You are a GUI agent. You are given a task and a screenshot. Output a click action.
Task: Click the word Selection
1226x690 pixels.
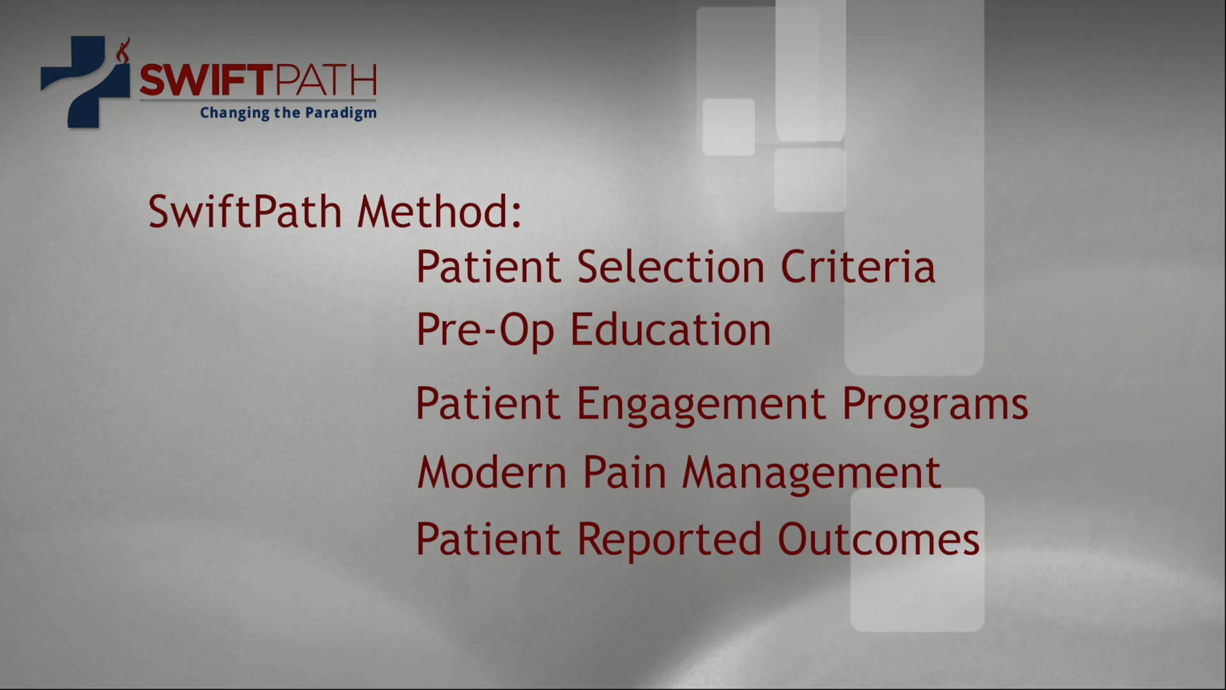pyautogui.click(x=670, y=266)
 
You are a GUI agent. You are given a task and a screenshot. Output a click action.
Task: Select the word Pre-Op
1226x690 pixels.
pyautogui.click(x=485, y=331)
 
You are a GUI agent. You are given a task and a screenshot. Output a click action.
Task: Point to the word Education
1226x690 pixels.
pyautogui.click(x=670, y=330)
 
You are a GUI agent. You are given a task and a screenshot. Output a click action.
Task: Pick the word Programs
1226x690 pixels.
pyautogui.click(x=935, y=405)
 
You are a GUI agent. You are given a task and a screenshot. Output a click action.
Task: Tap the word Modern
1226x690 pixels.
pyautogui.click(x=492, y=473)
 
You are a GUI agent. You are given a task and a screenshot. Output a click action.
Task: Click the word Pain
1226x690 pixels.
pyautogui.click(x=624, y=473)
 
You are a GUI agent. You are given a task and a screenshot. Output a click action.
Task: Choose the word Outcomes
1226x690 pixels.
pyautogui.click(x=878, y=539)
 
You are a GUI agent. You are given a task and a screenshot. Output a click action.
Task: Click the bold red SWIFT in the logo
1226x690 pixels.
pyautogui.click(x=197, y=80)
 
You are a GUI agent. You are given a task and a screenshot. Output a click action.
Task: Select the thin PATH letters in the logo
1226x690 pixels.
pyautogui.click(x=316, y=80)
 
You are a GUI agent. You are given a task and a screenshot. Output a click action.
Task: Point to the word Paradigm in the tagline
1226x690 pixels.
pyautogui.click(x=341, y=113)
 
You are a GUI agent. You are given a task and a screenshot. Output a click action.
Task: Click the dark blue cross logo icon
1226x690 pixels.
pyautogui.click(x=84, y=82)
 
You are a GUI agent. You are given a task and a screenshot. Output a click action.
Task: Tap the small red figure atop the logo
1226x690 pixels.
pyautogui.click(x=123, y=49)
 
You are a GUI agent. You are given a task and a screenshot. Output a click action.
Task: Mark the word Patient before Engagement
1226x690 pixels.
pyautogui.click(x=488, y=404)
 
